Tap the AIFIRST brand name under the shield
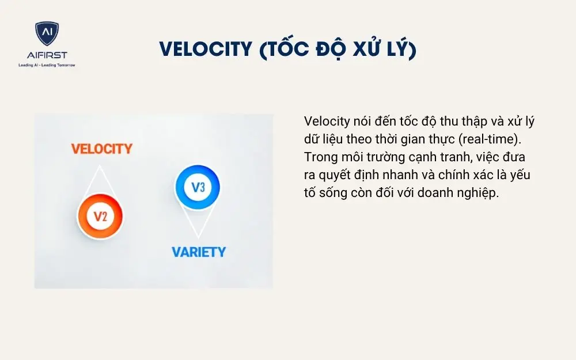[47, 55]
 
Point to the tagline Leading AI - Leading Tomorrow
[47, 65]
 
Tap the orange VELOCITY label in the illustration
[101, 149]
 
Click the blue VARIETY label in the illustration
[199, 252]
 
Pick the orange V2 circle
[100, 217]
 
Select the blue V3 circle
[198, 187]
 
